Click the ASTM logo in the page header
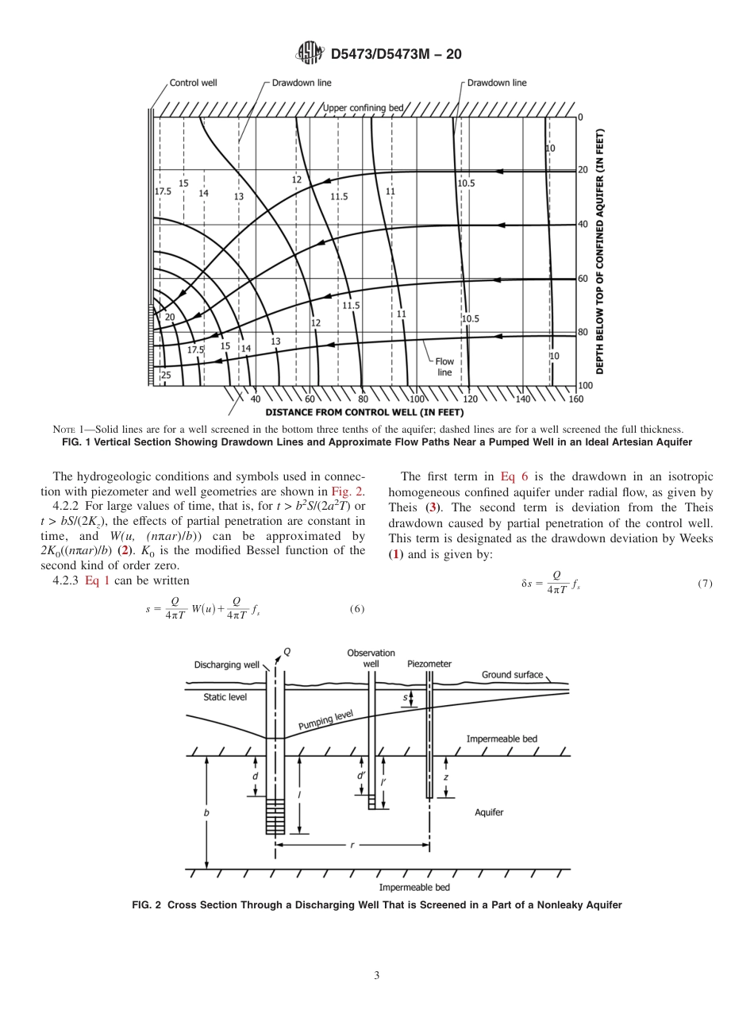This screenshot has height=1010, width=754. click(x=310, y=53)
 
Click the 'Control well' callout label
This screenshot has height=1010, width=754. click(x=193, y=83)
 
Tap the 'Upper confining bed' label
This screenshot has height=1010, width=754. click(x=364, y=107)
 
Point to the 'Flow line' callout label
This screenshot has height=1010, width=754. click(x=444, y=367)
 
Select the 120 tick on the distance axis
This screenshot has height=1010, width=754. click(x=470, y=399)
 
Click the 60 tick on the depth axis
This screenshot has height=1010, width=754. click(x=583, y=279)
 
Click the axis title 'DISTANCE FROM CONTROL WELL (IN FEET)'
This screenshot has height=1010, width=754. click(x=364, y=412)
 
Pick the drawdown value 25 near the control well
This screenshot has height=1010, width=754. click(x=166, y=375)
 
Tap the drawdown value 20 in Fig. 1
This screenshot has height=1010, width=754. click(x=169, y=317)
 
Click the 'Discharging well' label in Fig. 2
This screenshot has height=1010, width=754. click(x=229, y=665)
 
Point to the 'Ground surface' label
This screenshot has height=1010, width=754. click(x=512, y=675)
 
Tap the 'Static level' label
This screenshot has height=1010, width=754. click(x=225, y=697)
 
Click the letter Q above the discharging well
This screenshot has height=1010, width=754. click(x=287, y=652)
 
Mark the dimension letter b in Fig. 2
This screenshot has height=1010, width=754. click(x=207, y=813)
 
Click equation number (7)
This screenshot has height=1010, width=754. click(x=705, y=584)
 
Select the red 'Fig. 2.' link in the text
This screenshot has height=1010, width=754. click(x=348, y=491)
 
